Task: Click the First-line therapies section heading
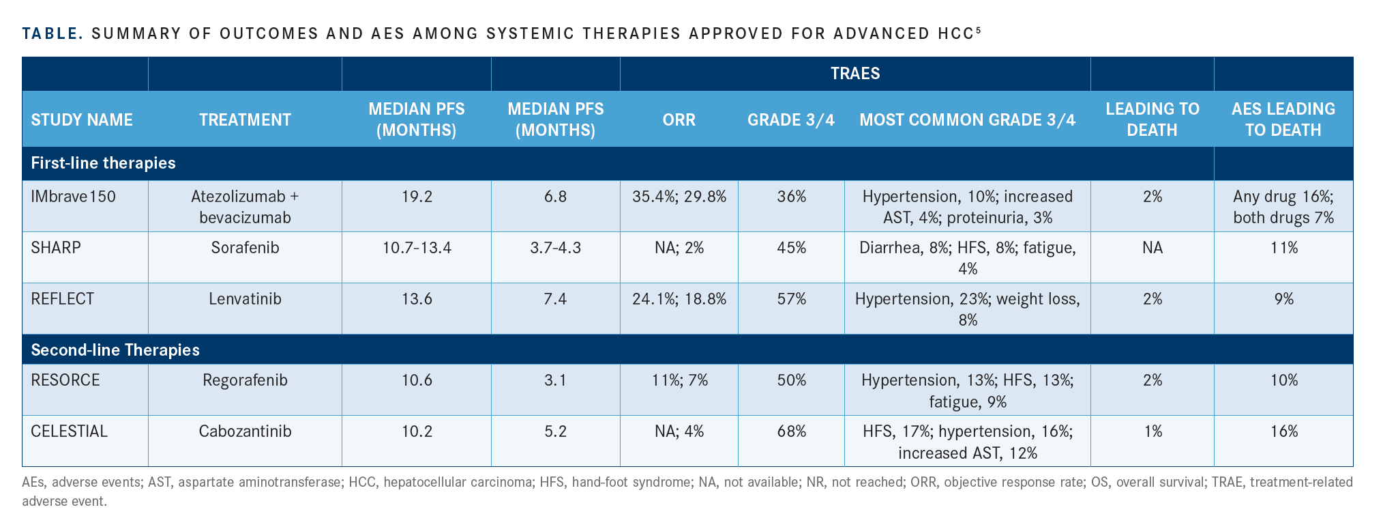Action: tap(103, 163)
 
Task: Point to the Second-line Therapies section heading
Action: tap(115, 350)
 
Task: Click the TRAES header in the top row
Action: tap(855, 74)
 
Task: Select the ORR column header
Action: tap(679, 119)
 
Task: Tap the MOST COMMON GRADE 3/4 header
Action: tap(967, 119)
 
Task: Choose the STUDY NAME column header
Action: tap(82, 119)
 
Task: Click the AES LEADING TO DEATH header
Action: tap(1283, 119)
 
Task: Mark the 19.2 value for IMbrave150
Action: tap(417, 197)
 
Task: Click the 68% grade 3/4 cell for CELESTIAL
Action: tap(791, 431)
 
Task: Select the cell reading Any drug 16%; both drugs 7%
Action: tap(1283, 207)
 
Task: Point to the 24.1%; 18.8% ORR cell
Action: tap(679, 298)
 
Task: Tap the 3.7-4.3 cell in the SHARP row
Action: tap(555, 247)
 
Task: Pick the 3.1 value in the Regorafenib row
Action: tap(555, 380)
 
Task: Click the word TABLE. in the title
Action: tap(53, 33)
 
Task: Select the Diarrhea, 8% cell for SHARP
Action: tap(967, 258)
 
